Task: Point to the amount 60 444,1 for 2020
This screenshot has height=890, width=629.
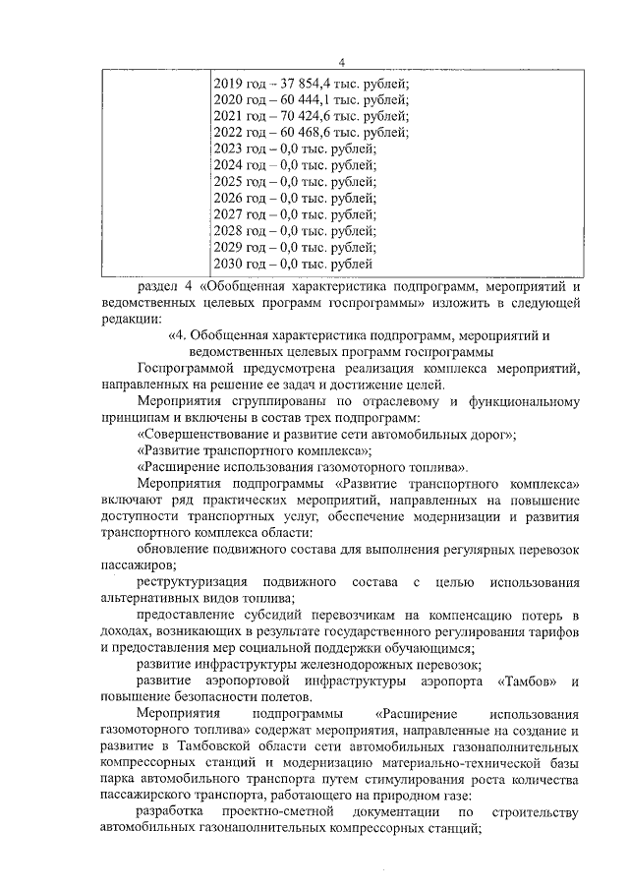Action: click(x=300, y=100)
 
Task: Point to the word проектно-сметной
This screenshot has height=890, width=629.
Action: click(x=271, y=811)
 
